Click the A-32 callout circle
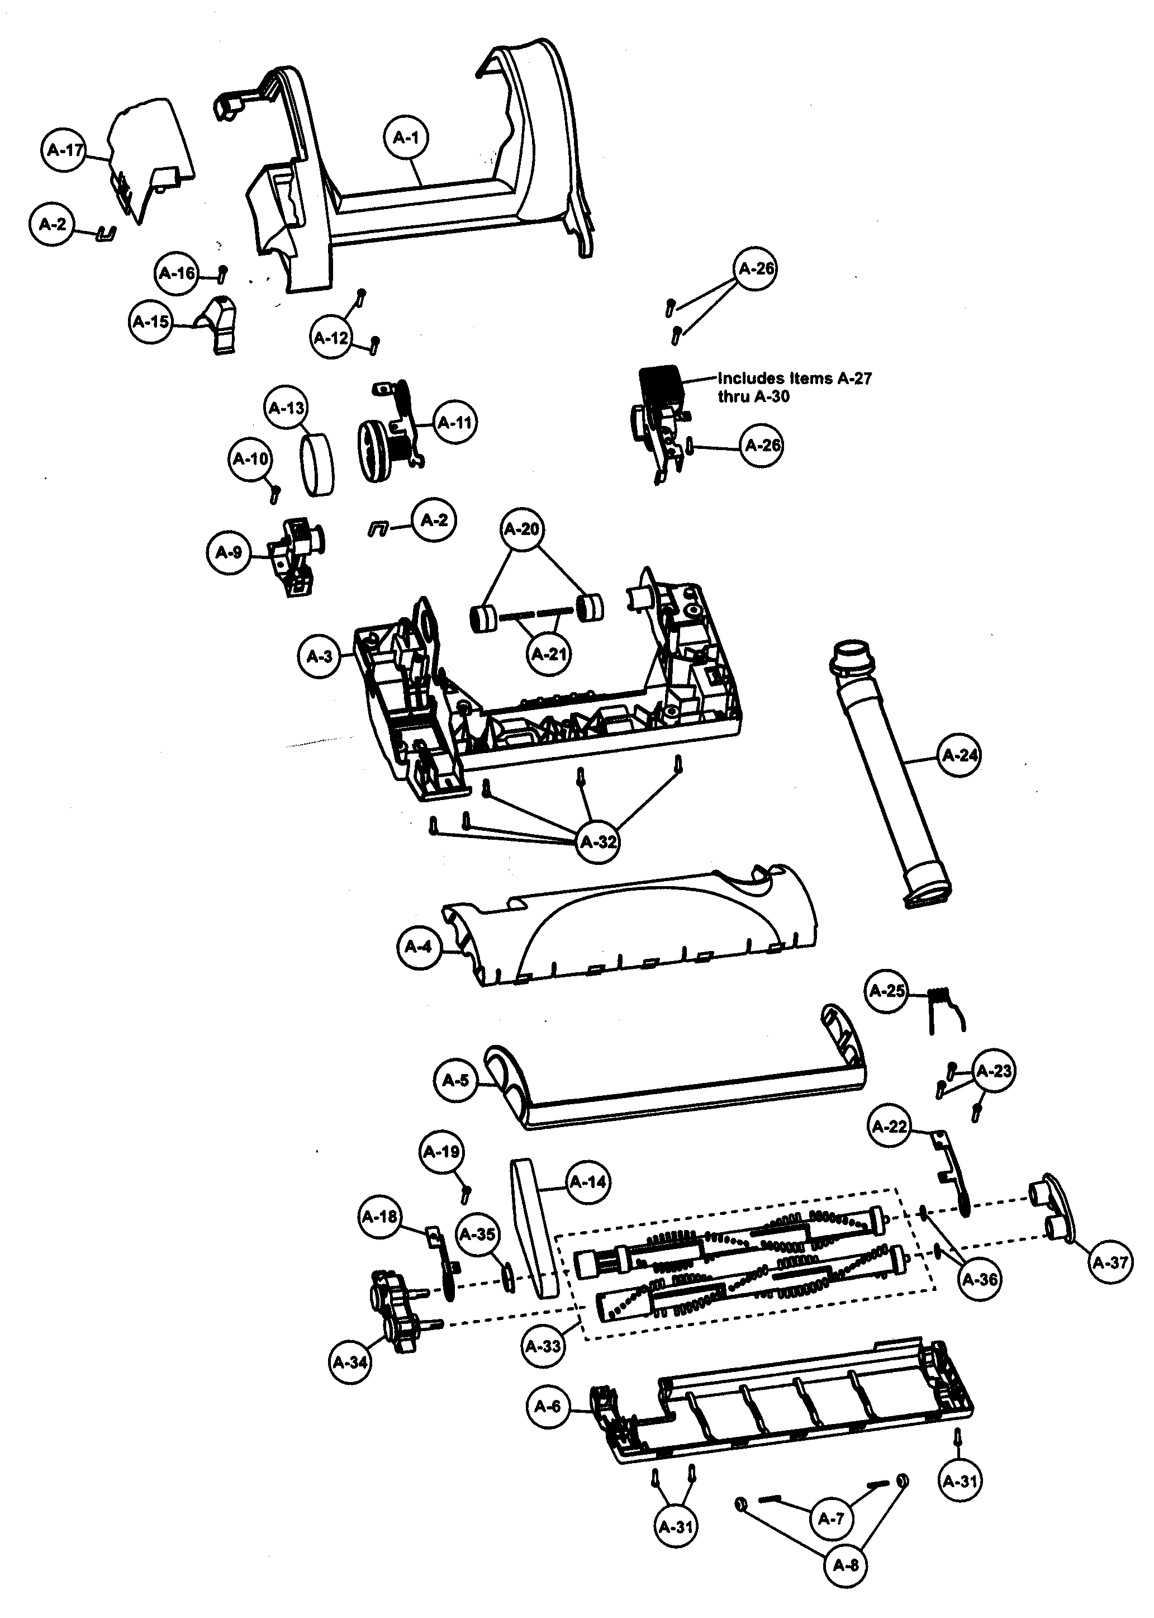click(x=597, y=841)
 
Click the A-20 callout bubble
click(x=521, y=529)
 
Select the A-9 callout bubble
click(x=228, y=552)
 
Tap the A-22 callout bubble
click(x=890, y=1127)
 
